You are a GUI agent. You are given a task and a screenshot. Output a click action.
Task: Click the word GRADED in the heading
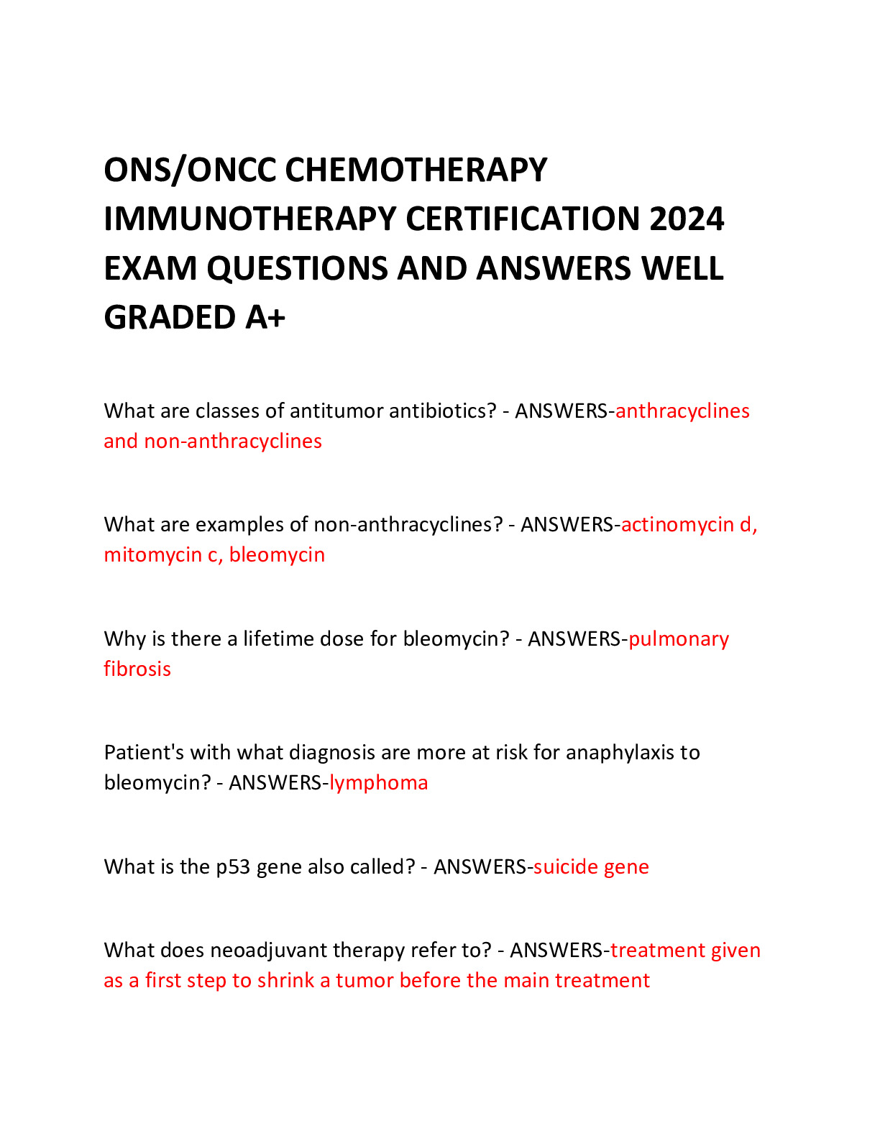[x=169, y=318]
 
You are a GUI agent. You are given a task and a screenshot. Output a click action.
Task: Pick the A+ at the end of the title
[x=265, y=318]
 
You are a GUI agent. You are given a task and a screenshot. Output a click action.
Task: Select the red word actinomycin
[x=677, y=525]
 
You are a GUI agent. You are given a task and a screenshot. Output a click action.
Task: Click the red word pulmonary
[x=679, y=639]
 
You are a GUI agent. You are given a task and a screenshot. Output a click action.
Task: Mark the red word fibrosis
[x=137, y=669]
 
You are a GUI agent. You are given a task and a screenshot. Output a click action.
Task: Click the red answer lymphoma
[x=378, y=783]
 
